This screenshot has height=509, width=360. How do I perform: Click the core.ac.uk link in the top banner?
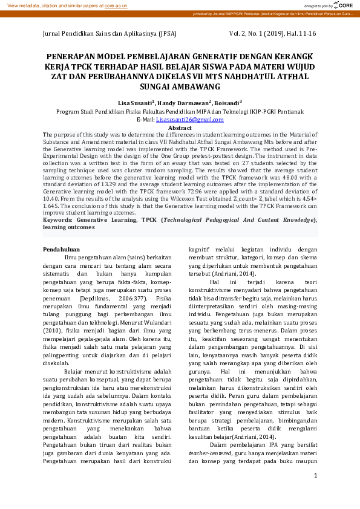[x=116, y=5]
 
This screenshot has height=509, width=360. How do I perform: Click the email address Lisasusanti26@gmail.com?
[x=182, y=120]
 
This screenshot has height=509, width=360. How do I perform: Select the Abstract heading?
[x=180, y=128]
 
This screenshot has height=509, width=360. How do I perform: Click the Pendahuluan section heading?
[x=61, y=249]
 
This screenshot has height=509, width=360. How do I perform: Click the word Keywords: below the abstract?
[x=59, y=221]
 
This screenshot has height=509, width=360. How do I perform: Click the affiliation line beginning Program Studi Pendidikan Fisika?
[x=180, y=112]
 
